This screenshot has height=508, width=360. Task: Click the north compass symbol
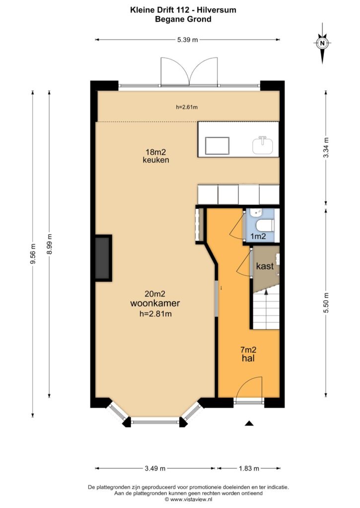click(322, 43)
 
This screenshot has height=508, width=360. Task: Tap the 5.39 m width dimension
click(188, 40)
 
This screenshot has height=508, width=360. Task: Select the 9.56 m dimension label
click(32, 254)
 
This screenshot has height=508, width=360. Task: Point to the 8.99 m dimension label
click(49, 244)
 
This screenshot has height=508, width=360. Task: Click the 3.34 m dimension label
click(326, 148)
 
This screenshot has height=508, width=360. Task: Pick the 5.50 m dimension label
click(326, 303)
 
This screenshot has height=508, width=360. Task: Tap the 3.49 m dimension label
click(155, 468)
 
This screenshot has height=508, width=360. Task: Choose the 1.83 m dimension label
click(249, 468)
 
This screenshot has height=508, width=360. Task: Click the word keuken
click(156, 160)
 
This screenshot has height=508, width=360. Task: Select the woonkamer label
click(155, 303)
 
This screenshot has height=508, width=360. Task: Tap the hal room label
click(248, 358)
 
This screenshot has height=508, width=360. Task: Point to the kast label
click(265, 266)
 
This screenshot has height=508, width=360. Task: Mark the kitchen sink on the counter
click(263, 145)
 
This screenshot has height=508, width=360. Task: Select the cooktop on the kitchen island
click(217, 146)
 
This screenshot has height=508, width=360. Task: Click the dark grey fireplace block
click(103, 258)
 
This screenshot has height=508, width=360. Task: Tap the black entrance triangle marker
click(249, 423)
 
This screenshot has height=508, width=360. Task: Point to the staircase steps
click(266, 310)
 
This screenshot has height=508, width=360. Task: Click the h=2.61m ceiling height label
click(187, 107)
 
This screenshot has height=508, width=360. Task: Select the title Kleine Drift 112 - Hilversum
click(183, 10)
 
